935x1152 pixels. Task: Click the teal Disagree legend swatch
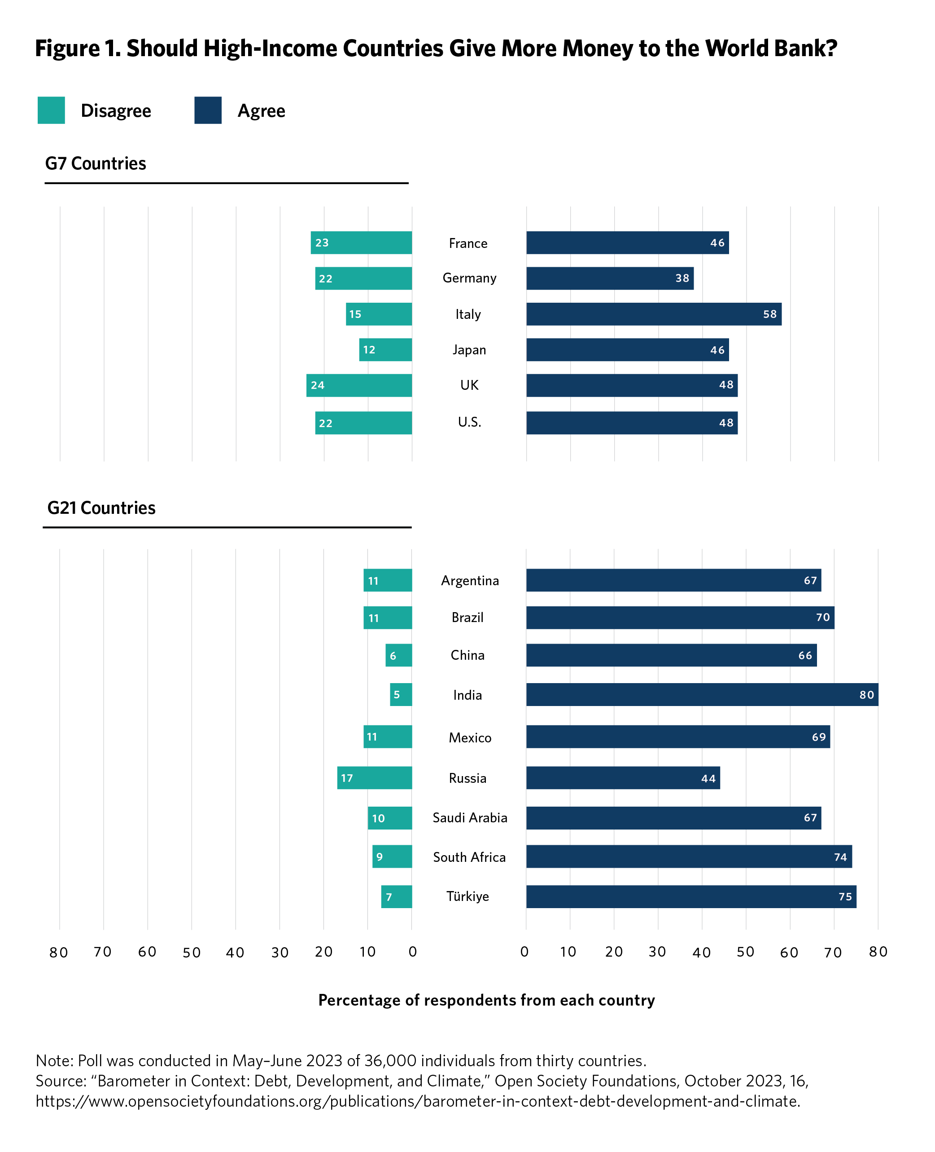pos(51,110)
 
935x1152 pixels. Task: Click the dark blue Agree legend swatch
pos(208,110)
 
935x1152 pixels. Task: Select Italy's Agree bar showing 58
pos(653,314)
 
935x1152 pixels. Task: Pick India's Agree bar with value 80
pos(702,694)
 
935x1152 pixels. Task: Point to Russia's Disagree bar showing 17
pos(374,777)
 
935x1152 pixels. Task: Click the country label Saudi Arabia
pos(470,818)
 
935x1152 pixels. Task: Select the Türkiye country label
pos(467,896)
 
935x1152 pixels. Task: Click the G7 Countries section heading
pos(95,163)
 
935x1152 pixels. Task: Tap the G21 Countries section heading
pos(101,508)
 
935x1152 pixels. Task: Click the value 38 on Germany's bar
pos(682,278)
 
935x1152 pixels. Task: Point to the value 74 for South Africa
pos(840,857)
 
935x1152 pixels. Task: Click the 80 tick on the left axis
pos(59,953)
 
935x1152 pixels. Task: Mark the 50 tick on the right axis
pos(745,952)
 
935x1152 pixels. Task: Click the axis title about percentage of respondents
pos(486,1001)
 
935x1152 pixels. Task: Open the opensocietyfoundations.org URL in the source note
pos(417,1101)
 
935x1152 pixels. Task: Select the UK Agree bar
pos(632,385)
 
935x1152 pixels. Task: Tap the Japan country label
pos(469,350)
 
